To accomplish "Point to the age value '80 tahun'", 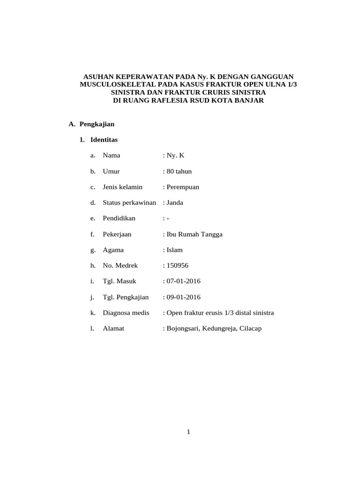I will coord(179,171).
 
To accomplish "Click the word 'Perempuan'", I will coord(183,187).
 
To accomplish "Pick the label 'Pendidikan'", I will coord(119,218).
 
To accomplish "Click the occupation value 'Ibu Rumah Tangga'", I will coord(194,234).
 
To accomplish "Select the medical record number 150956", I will coord(177,266).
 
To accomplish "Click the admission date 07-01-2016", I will coord(183,281).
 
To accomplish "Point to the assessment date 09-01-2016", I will coord(183,297).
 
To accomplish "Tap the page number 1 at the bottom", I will coord(188,432).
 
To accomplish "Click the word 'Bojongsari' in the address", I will coord(182,329).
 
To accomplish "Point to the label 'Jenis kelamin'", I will coord(122,187).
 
